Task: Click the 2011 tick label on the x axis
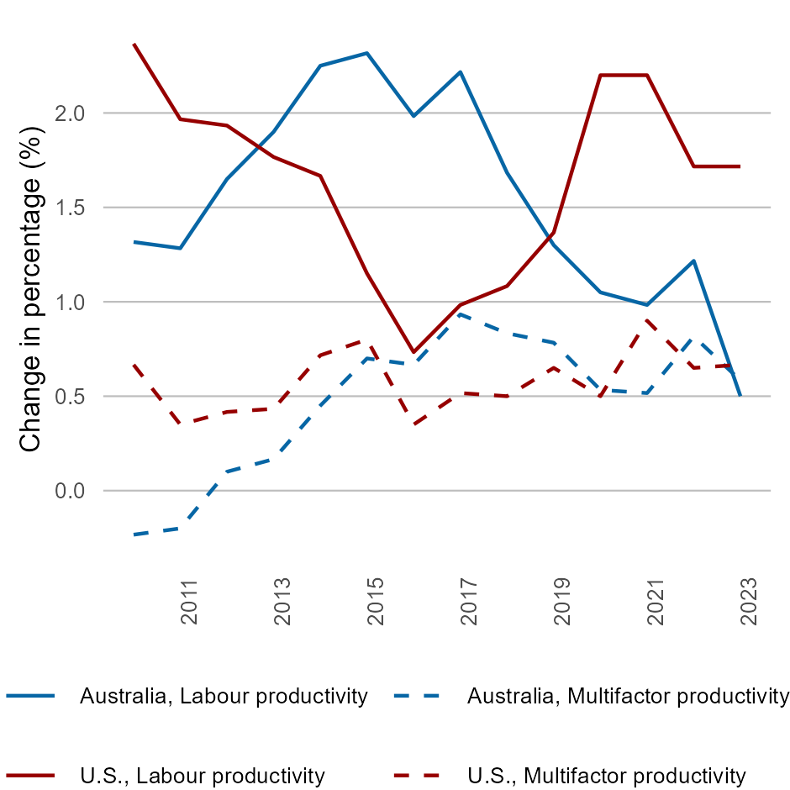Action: pyautogui.click(x=189, y=601)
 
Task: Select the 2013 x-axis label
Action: pyautogui.click(x=282, y=601)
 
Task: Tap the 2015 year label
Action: pyautogui.click(x=376, y=601)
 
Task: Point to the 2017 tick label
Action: pyautogui.click(x=469, y=601)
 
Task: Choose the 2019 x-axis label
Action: pyautogui.click(x=562, y=601)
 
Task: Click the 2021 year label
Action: pyautogui.click(x=656, y=601)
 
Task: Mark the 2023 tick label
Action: pyautogui.click(x=749, y=601)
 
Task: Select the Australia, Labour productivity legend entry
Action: pyautogui.click(x=224, y=696)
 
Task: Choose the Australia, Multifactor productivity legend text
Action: pyautogui.click(x=628, y=696)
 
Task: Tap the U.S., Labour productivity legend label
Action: pyautogui.click(x=202, y=775)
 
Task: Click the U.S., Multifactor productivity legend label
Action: pyautogui.click(x=606, y=775)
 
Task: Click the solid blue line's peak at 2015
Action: pyautogui.click(x=366, y=53)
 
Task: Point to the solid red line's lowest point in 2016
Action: pyautogui.click(x=413, y=351)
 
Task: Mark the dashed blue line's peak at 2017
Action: pyautogui.click(x=460, y=314)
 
